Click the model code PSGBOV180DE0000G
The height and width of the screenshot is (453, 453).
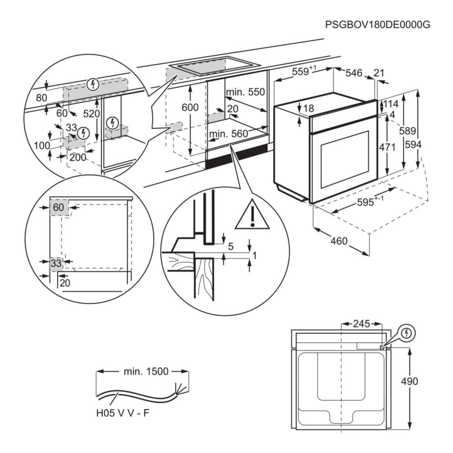coord(377,24)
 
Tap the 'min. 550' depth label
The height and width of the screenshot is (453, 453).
coord(245,92)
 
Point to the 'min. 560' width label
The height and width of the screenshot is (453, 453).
coord(229,134)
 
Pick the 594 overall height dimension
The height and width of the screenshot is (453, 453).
coord(414,145)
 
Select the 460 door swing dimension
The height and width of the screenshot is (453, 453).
coord(339,241)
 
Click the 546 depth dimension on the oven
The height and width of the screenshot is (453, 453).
coord(354,72)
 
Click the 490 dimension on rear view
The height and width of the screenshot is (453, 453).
coord(409,381)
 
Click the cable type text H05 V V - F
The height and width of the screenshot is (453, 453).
coord(123,413)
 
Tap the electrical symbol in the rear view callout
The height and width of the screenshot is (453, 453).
coord(408,333)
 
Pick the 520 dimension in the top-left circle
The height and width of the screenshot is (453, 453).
coord(91,114)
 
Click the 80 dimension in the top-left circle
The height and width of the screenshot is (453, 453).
coord(41,97)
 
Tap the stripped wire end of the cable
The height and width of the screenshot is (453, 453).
coord(180,389)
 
